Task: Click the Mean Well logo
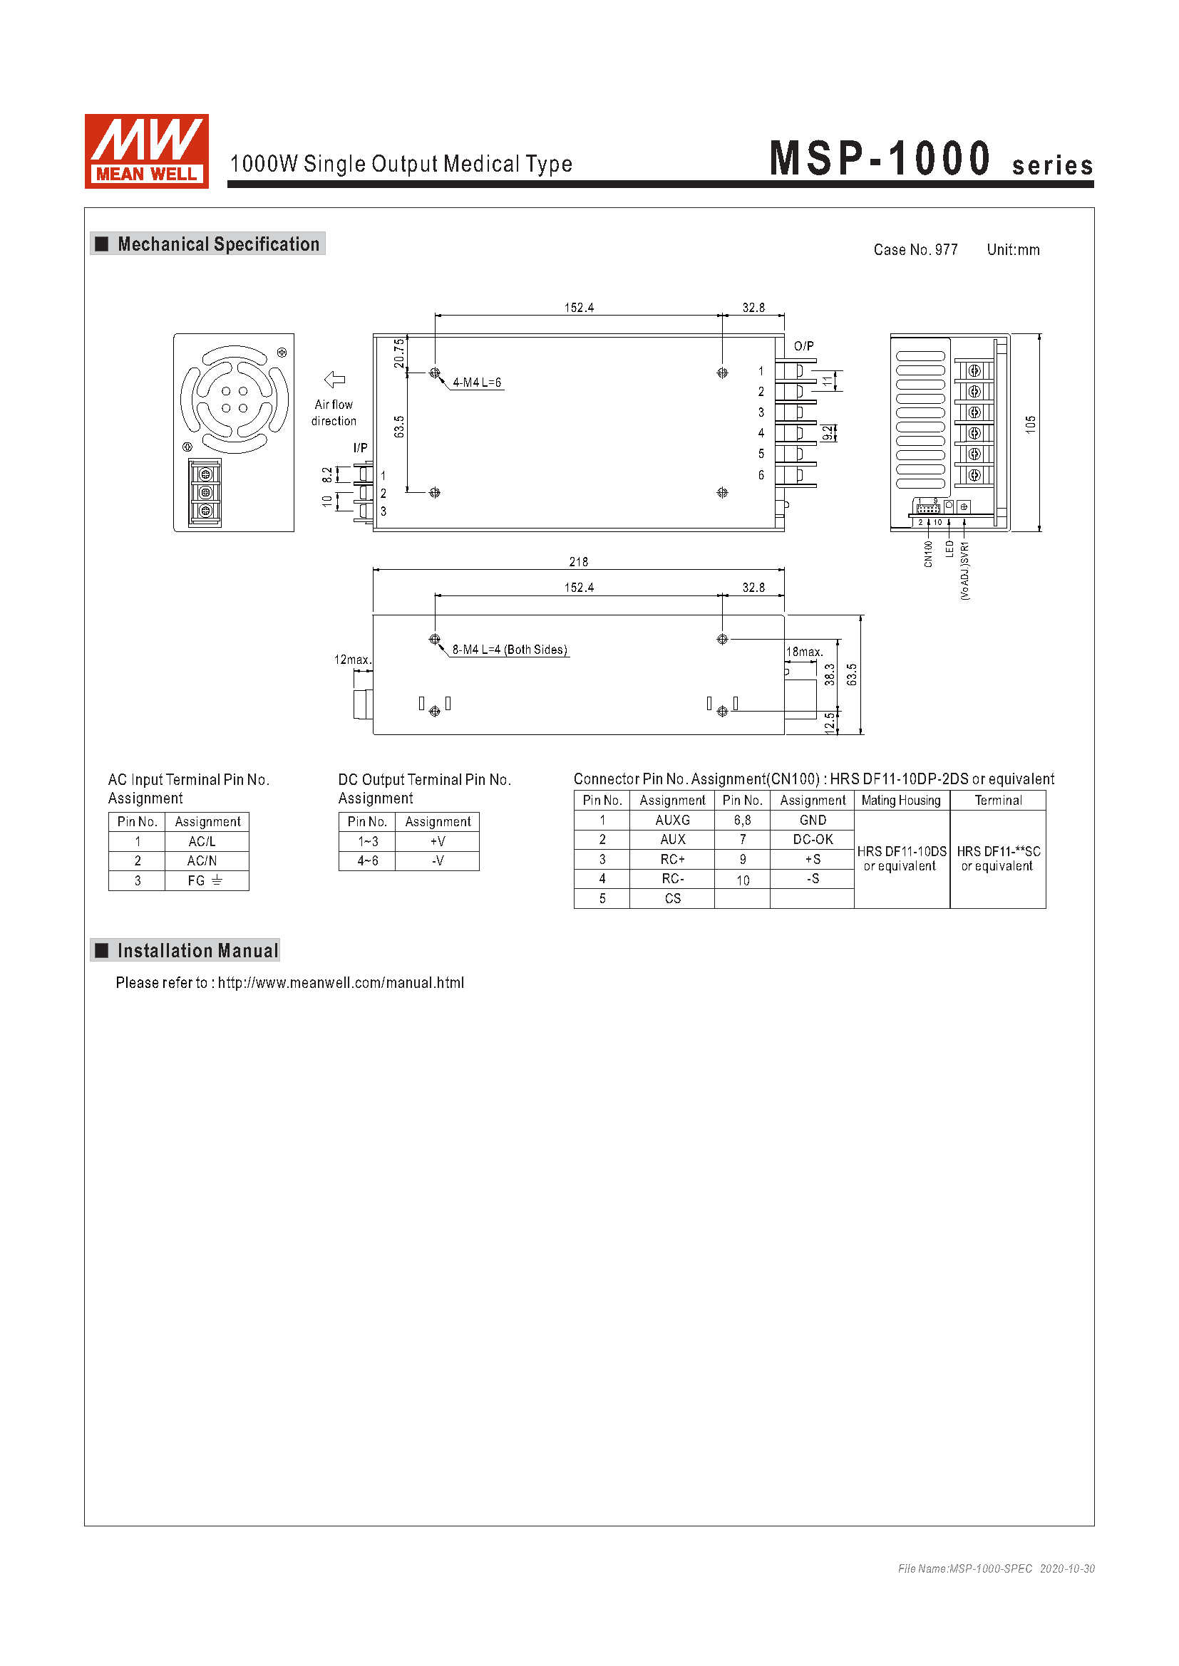[x=147, y=151]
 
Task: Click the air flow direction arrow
[x=335, y=380]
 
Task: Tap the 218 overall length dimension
[x=579, y=561]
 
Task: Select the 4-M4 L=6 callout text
[x=477, y=382]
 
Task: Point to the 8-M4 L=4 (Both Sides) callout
[x=510, y=650]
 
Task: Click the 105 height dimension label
[x=1030, y=425]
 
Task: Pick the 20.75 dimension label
[x=399, y=353]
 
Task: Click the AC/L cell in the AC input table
[x=202, y=842]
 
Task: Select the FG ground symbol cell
[x=205, y=880]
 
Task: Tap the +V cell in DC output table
[x=438, y=842]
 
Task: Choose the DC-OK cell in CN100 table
[x=813, y=840]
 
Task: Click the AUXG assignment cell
[x=672, y=820]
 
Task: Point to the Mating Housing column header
[x=901, y=801]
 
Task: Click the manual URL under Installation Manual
[x=341, y=982]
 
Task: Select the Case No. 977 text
[x=915, y=249]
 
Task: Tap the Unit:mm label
[x=1013, y=249]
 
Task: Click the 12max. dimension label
[x=352, y=660]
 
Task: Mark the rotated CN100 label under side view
[x=928, y=553]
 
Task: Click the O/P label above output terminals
[x=803, y=346]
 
